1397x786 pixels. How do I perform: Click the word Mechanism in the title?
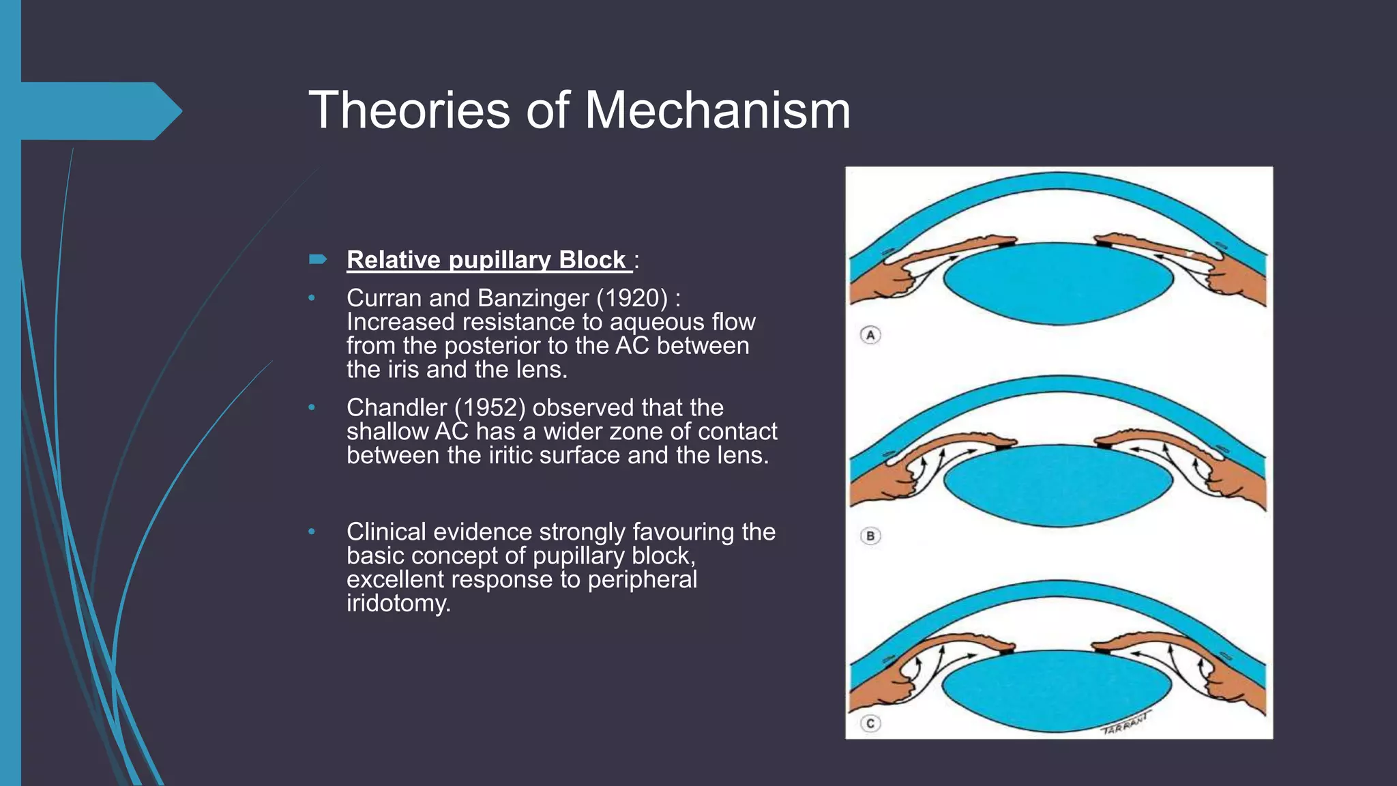(718, 110)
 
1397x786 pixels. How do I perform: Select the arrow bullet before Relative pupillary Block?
(318, 259)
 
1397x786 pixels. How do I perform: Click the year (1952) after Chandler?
(490, 407)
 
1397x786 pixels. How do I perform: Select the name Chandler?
(396, 407)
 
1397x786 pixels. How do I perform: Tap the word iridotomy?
(398, 603)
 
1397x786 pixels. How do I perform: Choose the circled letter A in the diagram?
(870, 335)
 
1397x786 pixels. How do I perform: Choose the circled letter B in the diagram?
(870, 536)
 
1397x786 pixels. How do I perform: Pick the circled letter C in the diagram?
(870, 723)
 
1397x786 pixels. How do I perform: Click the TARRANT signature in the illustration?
(1126, 723)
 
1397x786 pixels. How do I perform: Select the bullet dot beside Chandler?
(312, 407)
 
